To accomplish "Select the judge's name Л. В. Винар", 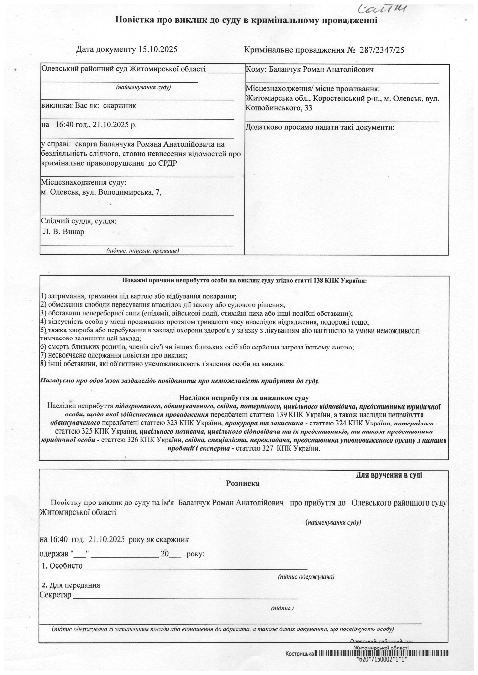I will point(64,232).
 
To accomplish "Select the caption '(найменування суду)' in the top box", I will point(143,87).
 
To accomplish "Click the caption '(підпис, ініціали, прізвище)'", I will point(143,251).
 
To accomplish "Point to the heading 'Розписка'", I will point(243,483).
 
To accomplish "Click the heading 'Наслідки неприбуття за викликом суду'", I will point(244,398).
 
